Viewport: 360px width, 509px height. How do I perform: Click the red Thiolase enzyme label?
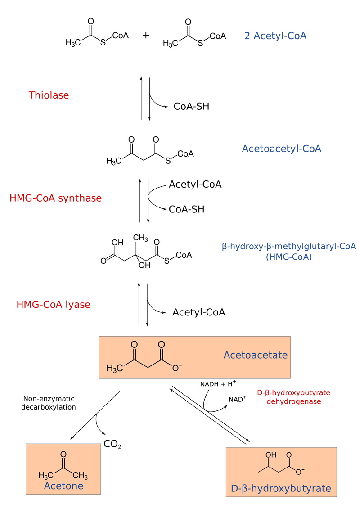(49, 95)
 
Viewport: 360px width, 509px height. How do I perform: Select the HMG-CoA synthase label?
(55, 198)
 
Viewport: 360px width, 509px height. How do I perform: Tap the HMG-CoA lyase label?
(54, 305)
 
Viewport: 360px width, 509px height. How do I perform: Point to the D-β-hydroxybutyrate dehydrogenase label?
(293, 397)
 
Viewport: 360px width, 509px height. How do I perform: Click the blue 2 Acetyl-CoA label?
(275, 36)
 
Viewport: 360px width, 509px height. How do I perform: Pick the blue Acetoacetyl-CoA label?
(281, 149)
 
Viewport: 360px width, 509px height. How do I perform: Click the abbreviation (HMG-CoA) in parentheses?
(289, 257)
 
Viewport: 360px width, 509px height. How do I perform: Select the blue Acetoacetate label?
(256, 355)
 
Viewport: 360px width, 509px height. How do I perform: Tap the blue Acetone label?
(63, 486)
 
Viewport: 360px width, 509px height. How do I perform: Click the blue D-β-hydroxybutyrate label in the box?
(281, 488)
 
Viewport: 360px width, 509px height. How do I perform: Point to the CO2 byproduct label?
(112, 444)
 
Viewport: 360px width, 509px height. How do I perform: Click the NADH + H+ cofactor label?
(218, 384)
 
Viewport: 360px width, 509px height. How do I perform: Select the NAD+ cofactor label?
(237, 399)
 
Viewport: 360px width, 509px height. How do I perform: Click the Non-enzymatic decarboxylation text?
(48, 403)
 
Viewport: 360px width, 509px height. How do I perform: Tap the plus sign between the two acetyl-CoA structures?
(146, 35)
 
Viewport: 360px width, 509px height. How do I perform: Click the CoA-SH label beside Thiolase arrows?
(192, 107)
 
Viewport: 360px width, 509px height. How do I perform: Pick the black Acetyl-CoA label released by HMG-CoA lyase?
(198, 312)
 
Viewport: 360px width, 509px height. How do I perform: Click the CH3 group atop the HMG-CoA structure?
(140, 238)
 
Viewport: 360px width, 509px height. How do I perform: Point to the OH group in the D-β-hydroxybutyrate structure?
(271, 455)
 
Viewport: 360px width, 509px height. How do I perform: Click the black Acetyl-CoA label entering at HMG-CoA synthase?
(195, 185)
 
